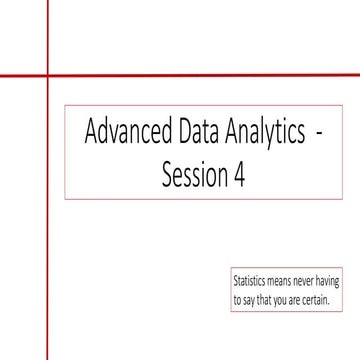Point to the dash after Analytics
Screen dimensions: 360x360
(319, 135)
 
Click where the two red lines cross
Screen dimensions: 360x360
(46, 76)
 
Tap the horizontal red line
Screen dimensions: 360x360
(200, 76)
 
